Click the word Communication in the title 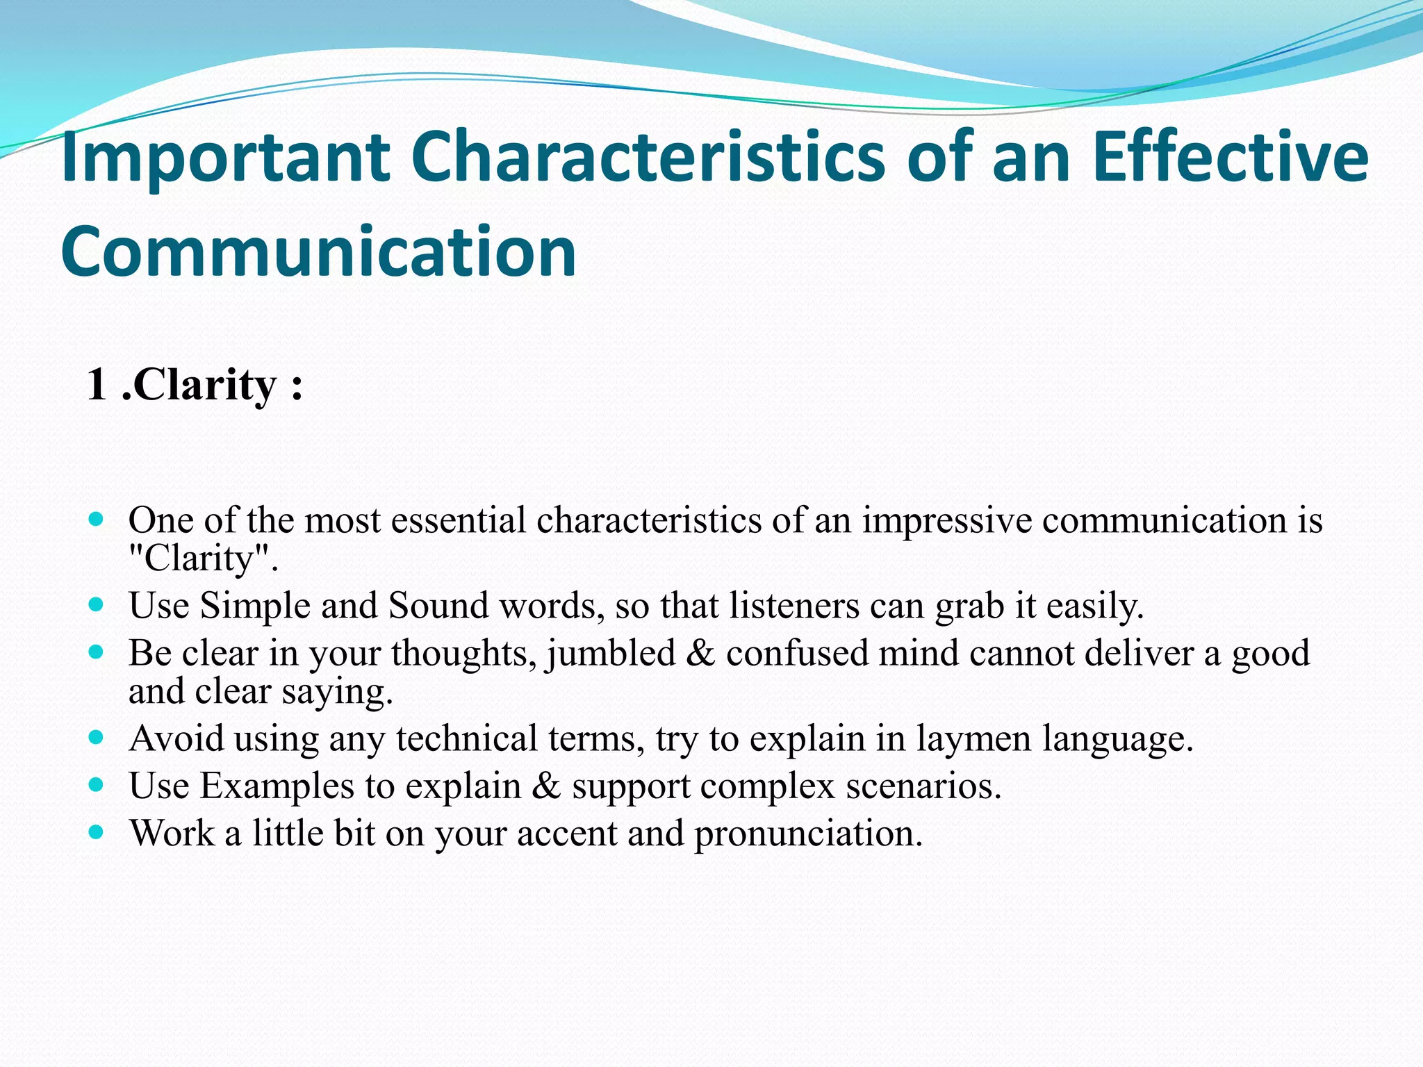point(318,251)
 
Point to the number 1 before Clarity point(97,385)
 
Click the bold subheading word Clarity point(204,386)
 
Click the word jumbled point(611,654)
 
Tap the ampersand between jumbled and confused point(700,654)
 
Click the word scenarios point(923,786)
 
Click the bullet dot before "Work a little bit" point(97,831)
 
